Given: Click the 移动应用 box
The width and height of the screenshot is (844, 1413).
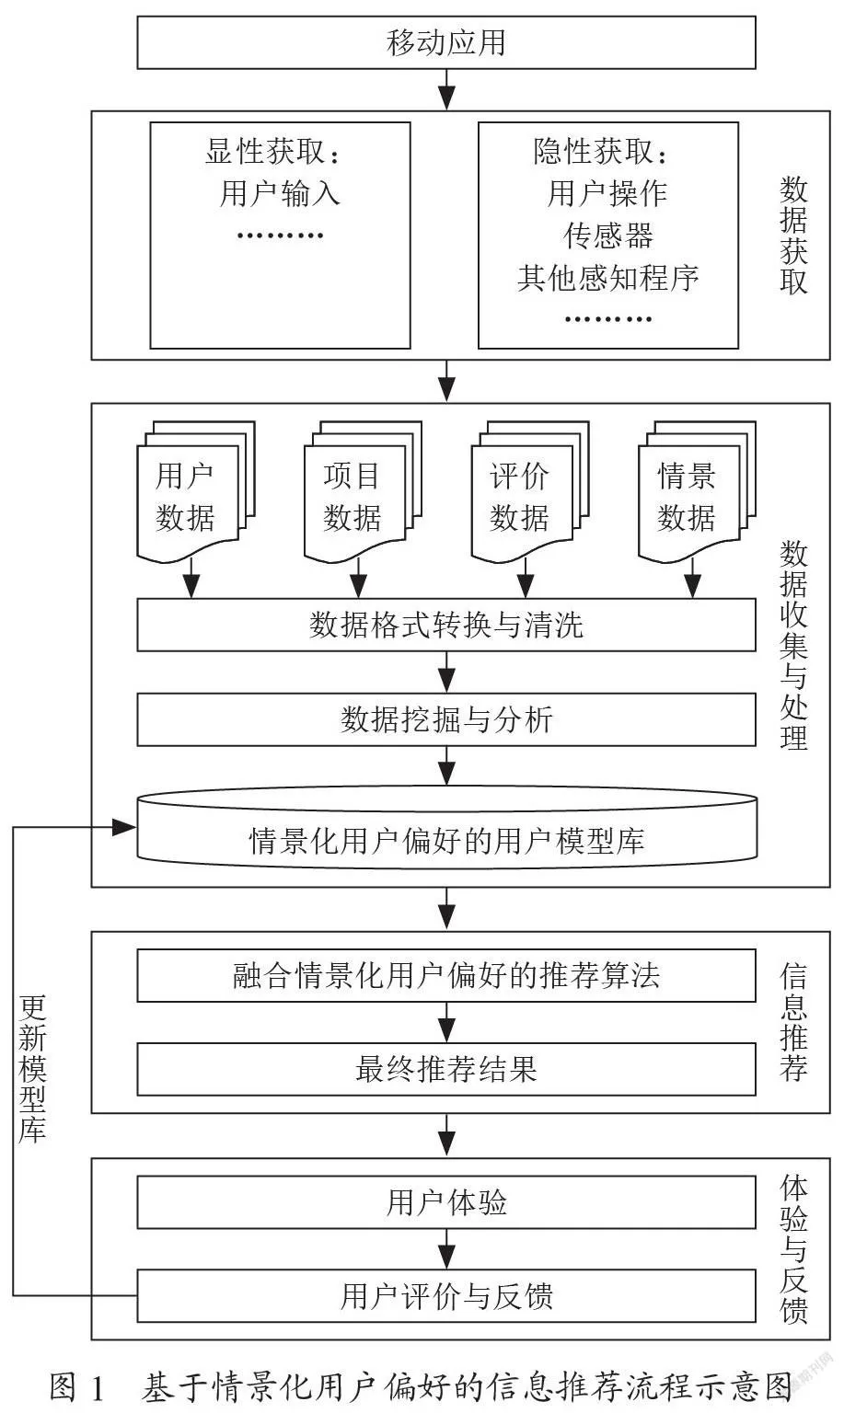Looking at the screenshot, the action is tap(446, 42).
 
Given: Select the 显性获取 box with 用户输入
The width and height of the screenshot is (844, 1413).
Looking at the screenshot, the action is tap(281, 235).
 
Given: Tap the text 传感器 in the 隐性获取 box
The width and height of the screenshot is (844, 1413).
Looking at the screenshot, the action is tap(607, 235).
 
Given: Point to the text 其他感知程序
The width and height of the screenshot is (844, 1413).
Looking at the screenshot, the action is tap(607, 278).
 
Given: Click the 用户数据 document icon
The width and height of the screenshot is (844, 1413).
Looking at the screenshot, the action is tap(196, 492).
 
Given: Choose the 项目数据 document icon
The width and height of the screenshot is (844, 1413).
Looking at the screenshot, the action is tap(363, 492).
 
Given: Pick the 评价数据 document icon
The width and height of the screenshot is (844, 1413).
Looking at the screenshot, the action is tap(530, 492).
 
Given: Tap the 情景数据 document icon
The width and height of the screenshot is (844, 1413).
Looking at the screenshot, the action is tap(698, 492).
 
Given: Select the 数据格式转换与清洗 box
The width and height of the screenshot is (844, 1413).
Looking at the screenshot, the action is tap(446, 626).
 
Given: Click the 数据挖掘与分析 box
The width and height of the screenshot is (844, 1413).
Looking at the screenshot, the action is tap(446, 719).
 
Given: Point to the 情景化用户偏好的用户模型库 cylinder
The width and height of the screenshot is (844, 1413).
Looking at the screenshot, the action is tap(446, 828).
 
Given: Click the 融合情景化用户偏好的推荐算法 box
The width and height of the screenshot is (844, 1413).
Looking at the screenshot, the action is tap(446, 975).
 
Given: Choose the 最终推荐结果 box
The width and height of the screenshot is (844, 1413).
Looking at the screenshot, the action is tap(446, 1069).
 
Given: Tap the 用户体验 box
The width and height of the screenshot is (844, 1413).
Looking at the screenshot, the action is tap(446, 1202).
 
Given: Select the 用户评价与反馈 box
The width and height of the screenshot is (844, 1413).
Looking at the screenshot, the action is tap(446, 1296).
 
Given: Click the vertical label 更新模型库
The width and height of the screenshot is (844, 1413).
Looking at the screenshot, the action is tap(32, 1069).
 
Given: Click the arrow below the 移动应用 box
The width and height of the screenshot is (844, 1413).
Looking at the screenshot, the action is tap(446, 89).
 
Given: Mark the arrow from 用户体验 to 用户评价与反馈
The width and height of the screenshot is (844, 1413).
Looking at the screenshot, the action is tap(446, 1249).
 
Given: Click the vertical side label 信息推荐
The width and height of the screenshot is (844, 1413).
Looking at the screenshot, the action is tap(793, 1022).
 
